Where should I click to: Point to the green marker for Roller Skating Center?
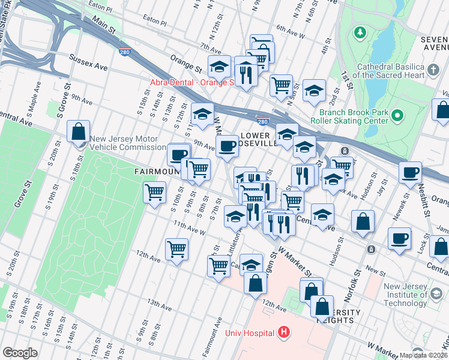click(397, 116)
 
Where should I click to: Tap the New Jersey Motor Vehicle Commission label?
click(128, 143)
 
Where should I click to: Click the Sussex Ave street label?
click(88, 62)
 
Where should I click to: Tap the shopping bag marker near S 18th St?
click(79, 131)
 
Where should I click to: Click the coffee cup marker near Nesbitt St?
click(411, 173)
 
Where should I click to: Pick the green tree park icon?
click(361, 31)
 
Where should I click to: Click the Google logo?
click(20, 352)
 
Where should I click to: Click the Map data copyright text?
click(423, 355)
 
